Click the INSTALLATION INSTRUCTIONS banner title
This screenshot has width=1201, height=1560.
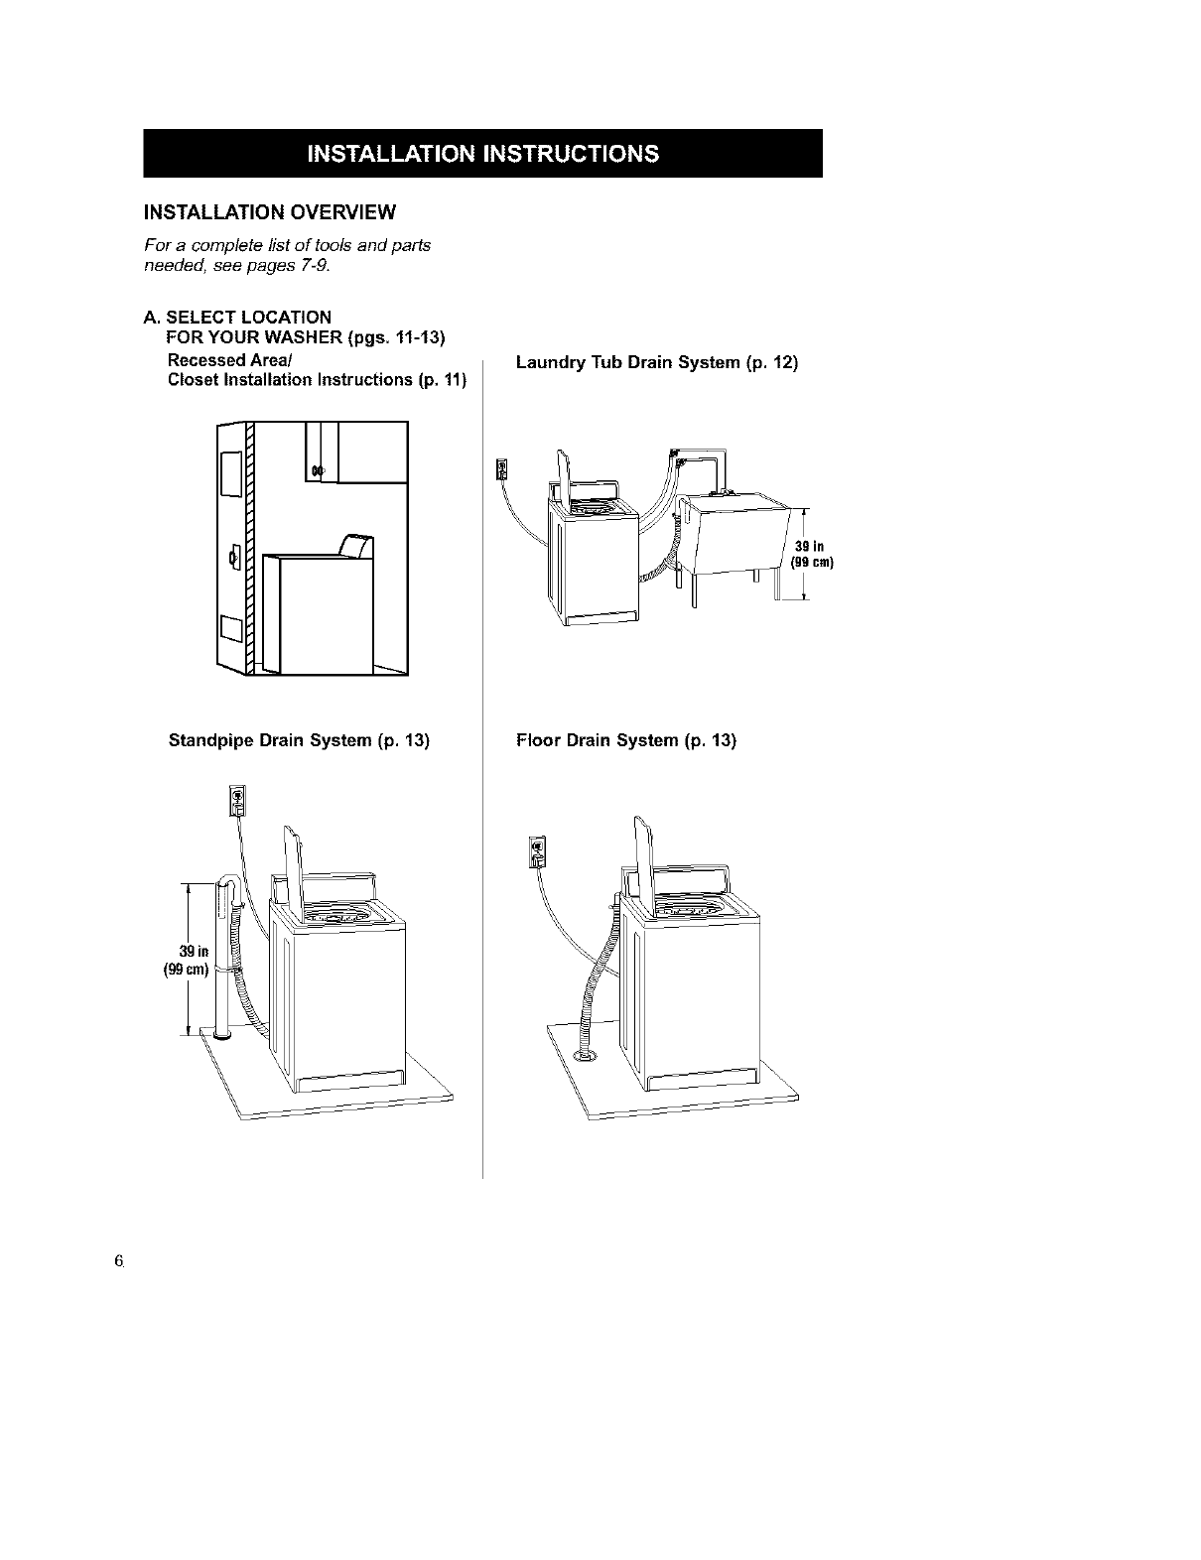pos(482,154)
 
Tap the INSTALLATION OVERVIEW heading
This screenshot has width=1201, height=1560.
pos(270,211)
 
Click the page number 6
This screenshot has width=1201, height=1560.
pos(118,1261)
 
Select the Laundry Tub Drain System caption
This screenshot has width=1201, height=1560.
pos(656,363)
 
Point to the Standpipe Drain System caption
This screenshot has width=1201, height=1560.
pos(299,740)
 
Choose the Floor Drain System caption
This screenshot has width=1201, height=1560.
pos(626,740)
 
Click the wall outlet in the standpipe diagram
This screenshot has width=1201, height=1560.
pos(237,799)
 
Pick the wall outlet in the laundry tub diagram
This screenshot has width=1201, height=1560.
pos(500,467)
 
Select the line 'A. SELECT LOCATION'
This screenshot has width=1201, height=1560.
pos(237,318)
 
